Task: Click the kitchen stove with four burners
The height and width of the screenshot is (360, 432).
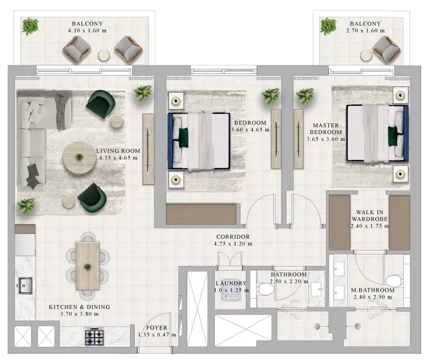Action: point(95,336)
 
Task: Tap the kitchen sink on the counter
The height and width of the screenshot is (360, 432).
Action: point(25,285)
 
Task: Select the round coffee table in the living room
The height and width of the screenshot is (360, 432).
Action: point(79,158)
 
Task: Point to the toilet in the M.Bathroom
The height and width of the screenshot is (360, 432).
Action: point(394,281)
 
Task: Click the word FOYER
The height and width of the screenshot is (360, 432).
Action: point(156,328)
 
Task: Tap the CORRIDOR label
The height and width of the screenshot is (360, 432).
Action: point(233,237)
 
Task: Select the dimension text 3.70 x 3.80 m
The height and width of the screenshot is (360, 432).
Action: point(79,314)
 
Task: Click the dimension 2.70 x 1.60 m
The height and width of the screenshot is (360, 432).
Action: point(366,30)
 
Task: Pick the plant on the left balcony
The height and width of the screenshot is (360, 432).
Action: point(30,26)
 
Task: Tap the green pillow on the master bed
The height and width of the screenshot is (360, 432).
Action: point(392,136)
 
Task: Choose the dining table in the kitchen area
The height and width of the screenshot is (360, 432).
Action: point(88,266)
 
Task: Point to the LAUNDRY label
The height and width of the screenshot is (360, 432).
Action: point(231,283)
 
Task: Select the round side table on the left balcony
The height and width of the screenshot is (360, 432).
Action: point(104,56)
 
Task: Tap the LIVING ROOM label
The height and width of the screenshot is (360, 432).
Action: point(118,151)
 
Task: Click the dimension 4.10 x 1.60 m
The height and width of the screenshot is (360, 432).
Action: point(87,30)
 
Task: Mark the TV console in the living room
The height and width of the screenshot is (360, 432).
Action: point(148,149)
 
